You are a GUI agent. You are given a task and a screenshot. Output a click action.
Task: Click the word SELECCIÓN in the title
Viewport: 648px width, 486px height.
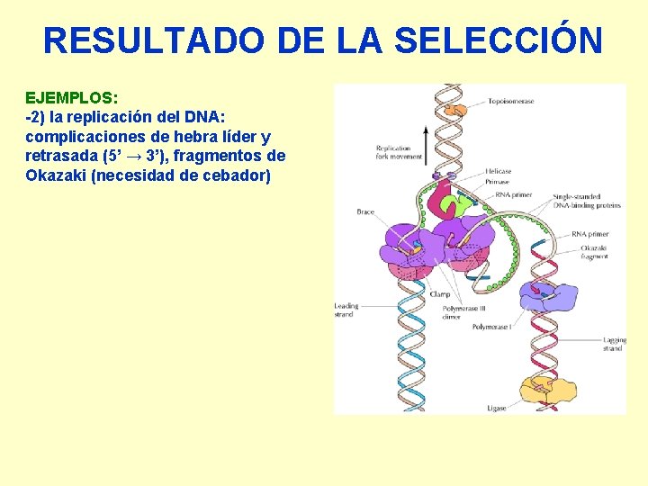(x=499, y=40)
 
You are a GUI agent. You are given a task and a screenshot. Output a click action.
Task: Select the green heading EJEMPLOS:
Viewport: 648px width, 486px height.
(x=71, y=96)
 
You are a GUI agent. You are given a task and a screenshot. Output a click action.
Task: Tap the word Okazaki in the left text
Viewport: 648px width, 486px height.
(x=57, y=175)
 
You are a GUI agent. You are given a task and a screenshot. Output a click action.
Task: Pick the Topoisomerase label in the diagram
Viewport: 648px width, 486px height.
(x=511, y=102)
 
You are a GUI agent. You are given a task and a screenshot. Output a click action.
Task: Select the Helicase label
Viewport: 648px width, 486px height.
(x=498, y=172)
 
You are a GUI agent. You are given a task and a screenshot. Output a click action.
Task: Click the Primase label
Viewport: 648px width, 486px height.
(x=497, y=182)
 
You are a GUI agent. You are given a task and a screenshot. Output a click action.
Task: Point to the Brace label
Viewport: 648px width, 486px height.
(x=364, y=212)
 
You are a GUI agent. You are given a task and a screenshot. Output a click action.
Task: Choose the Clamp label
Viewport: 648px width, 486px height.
(x=439, y=294)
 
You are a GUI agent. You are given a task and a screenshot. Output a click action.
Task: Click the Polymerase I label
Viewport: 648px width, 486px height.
(x=492, y=327)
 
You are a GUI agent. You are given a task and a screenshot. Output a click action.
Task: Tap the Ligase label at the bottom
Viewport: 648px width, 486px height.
(x=496, y=408)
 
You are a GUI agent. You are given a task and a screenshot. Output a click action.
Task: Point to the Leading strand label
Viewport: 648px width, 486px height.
(x=346, y=310)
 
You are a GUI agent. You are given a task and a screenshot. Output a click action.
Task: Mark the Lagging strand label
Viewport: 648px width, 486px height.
(x=613, y=344)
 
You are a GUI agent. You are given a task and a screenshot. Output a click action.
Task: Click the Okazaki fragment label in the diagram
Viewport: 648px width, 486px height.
(x=594, y=252)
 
